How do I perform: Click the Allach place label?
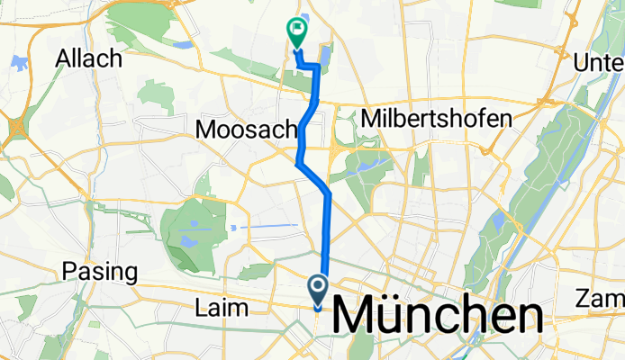click(x=88, y=58)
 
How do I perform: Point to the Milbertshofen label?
click(x=436, y=118)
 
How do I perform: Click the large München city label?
click(x=439, y=318)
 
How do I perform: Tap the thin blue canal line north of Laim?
click(x=270, y=224)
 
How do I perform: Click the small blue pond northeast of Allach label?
click(x=184, y=42)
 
